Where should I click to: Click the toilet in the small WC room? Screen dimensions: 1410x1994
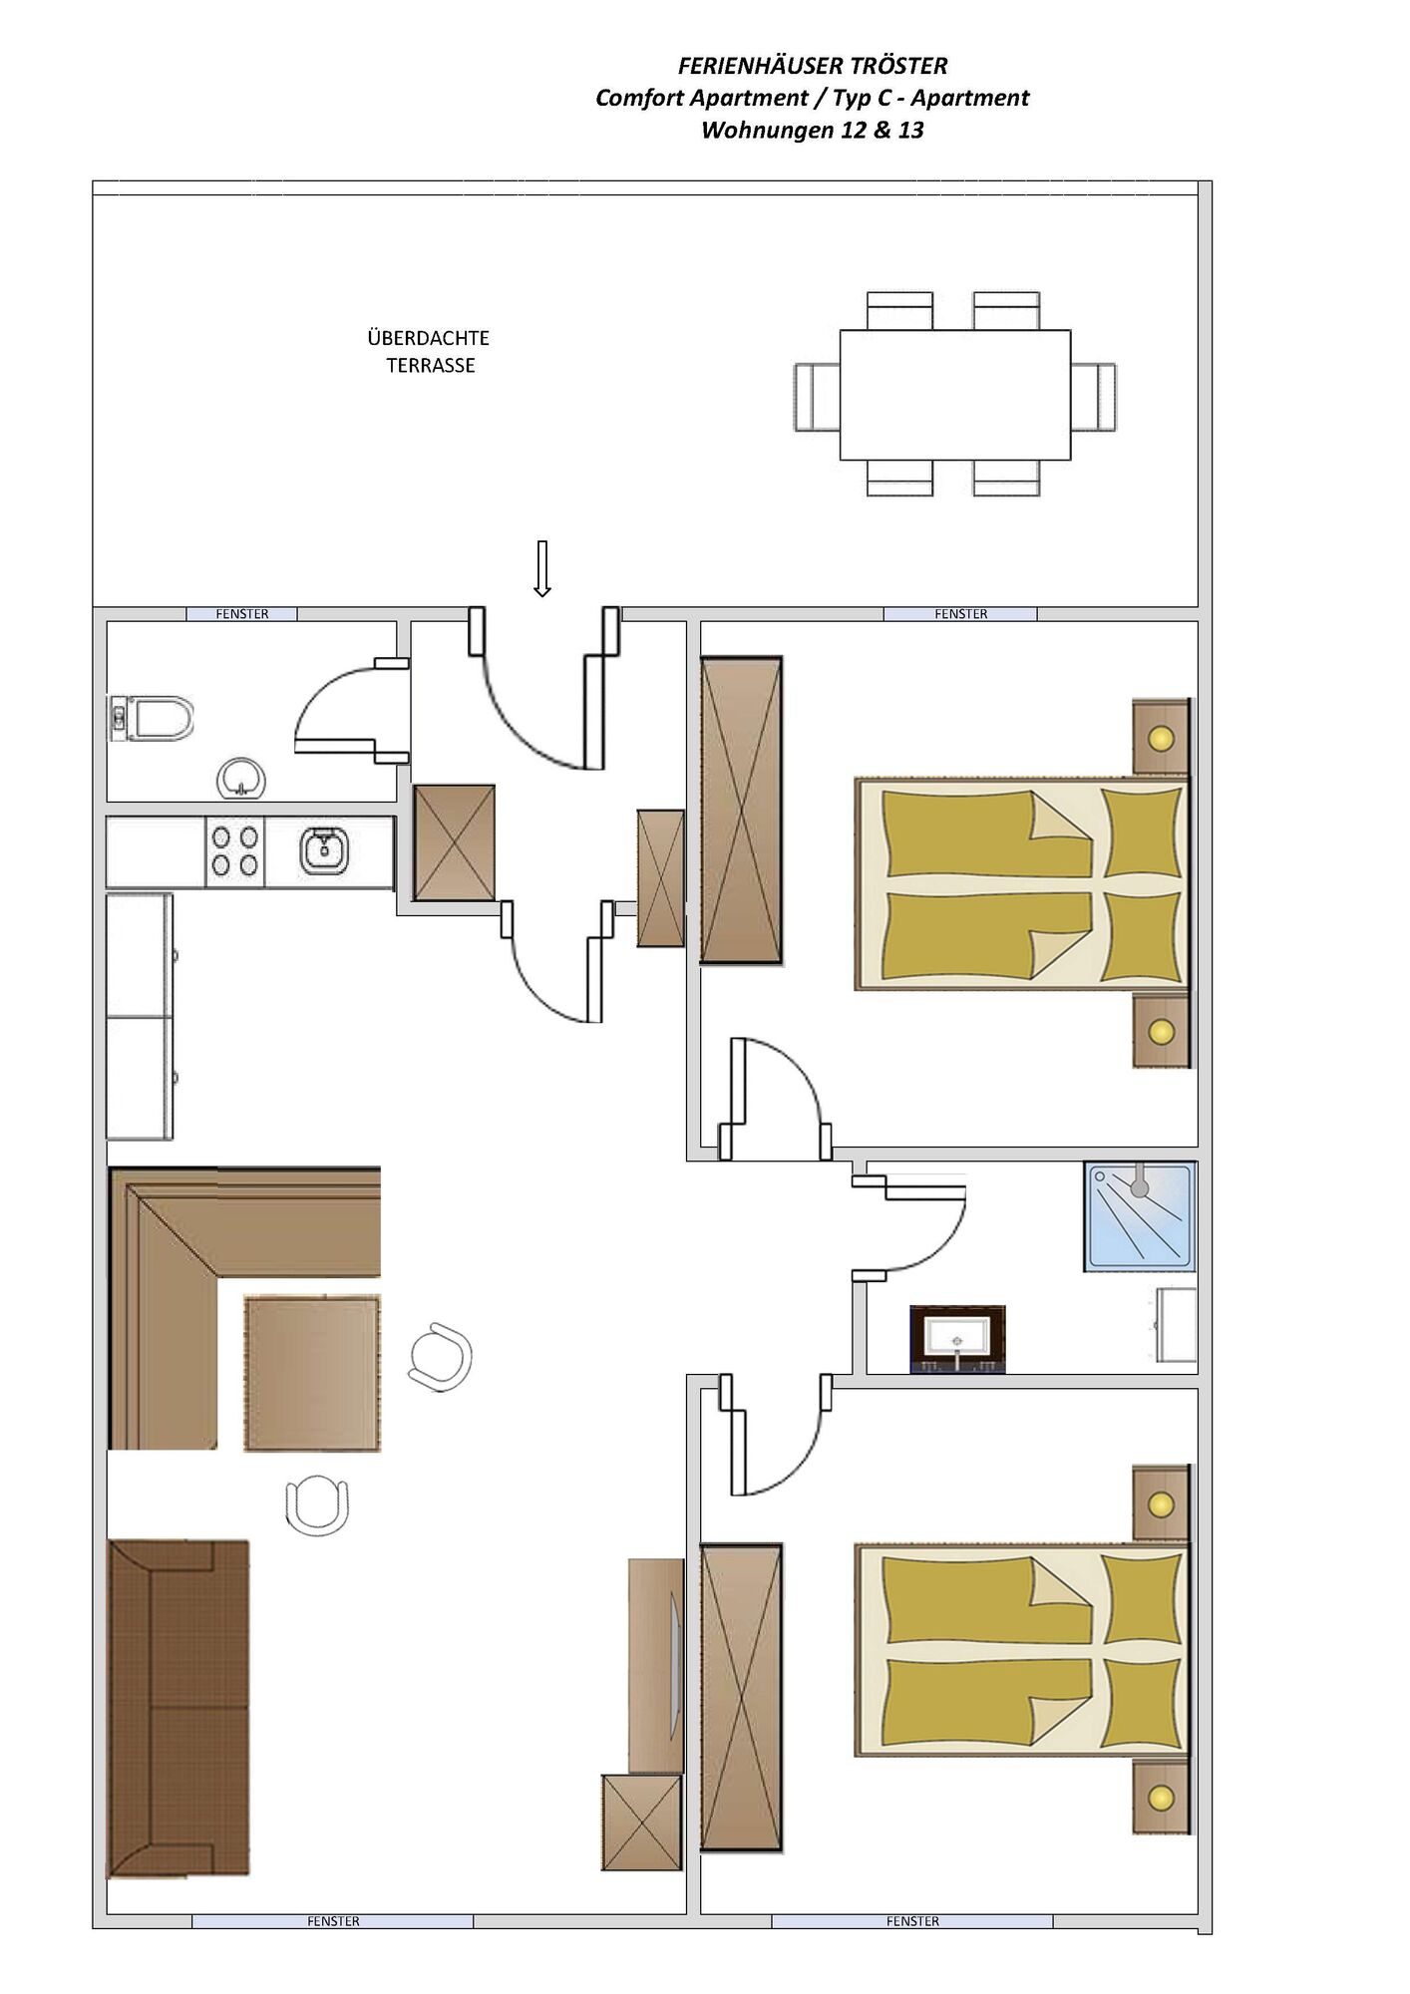[151, 719]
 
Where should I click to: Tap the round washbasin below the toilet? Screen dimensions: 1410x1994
[241, 778]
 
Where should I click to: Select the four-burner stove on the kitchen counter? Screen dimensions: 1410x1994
[235, 851]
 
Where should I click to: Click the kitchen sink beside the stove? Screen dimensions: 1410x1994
[323, 850]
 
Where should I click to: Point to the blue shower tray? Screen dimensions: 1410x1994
[1139, 1216]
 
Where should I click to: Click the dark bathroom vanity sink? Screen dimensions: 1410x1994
[957, 1339]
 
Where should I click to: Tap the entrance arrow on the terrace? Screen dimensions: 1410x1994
[542, 568]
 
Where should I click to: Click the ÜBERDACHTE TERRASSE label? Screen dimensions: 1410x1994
[429, 352]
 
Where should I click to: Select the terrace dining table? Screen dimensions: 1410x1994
[955, 395]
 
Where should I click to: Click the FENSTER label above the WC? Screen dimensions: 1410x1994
[242, 614]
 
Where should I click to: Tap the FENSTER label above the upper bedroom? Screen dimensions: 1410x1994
[961, 614]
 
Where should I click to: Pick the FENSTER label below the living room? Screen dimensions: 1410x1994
[333, 1921]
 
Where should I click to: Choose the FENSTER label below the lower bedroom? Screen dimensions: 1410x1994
[912, 1921]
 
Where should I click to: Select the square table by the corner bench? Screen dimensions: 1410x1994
[312, 1373]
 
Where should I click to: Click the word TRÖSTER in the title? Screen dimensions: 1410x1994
[901, 66]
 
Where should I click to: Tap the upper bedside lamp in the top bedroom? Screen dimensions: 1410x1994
[1161, 739]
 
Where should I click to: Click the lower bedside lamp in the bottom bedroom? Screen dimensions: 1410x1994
[1161, 1798]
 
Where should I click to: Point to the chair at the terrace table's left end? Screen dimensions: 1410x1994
[817, 396]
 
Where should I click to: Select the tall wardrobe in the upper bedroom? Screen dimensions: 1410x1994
[741, 810]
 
